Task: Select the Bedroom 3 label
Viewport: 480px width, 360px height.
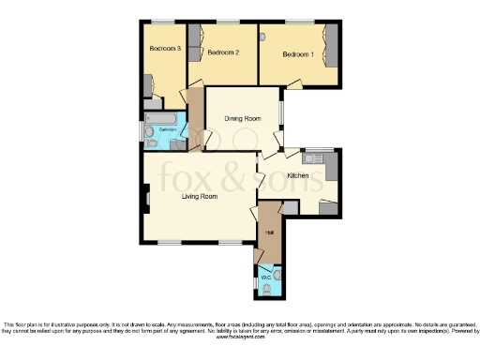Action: point(165,48)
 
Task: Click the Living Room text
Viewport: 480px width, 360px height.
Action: point(199,196)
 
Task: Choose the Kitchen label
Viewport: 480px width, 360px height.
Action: point(298,175)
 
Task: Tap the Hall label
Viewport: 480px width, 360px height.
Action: point(269,232)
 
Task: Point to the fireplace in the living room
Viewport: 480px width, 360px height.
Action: point(146,198)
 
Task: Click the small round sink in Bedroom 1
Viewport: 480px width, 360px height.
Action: point(264,36)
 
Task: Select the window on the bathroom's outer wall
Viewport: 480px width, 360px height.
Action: point(142,130)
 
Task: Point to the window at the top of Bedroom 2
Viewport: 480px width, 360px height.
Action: point(227,22)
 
